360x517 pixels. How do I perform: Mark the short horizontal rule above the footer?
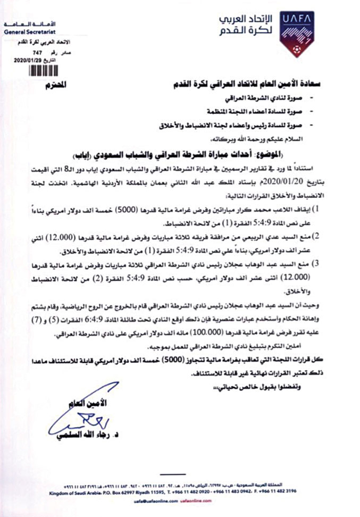pos(180,474)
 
